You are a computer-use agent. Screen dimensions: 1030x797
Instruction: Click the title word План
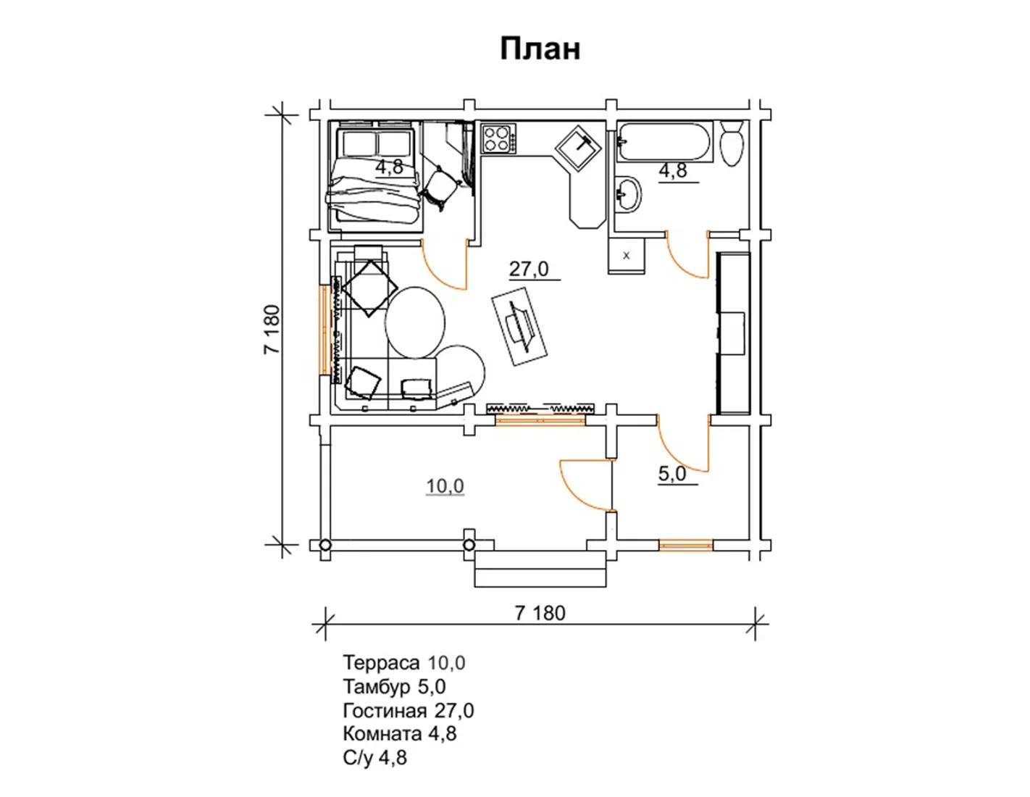pyautogui.click(x=540, y=49)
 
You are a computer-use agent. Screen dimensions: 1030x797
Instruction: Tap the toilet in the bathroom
pyautogui.click(x=732, y=143)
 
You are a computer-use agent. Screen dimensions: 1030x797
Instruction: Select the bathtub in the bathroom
pyautogui.click(x=664, y=142)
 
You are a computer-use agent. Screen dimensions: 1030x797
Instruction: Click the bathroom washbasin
pyautogui.click(x=628, y=194)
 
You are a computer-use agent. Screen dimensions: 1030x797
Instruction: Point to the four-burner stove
pyautogui.click(x=498, y=138)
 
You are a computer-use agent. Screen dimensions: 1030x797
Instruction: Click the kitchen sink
pyautogui.click(x=579, y=147)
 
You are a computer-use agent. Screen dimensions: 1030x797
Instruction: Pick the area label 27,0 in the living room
pyautogui.click(x=529, y=270)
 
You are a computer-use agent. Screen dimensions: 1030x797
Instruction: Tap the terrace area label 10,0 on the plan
pyautogui.click(x=445, y=486)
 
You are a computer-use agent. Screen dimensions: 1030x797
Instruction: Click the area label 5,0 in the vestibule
pyautogui.click(x=672, y=474)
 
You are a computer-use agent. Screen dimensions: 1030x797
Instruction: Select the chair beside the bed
pyautogui.click(x=440, y=187)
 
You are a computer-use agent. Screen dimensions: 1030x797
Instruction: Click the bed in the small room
pyautogui.click(x=374, y=175)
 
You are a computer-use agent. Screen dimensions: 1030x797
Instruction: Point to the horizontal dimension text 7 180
pyautogui.click(x=540, y=613)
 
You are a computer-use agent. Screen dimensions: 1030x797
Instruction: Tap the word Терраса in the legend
pyautogui.click(x=381, y=663)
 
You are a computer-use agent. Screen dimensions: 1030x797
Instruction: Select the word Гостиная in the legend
pyautogui.click(x=385, y=710)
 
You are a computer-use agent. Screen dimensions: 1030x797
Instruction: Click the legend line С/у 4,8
pyautogui.click(x=375, y=758)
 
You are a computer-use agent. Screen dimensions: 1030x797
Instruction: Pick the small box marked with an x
pyautogui.click(x=626, y=256)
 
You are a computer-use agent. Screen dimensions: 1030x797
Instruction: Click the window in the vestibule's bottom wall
pyautogui.click(x=686, y=546)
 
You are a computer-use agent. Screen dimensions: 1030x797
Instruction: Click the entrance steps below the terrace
pyautogui.click(x=540, y=569)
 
